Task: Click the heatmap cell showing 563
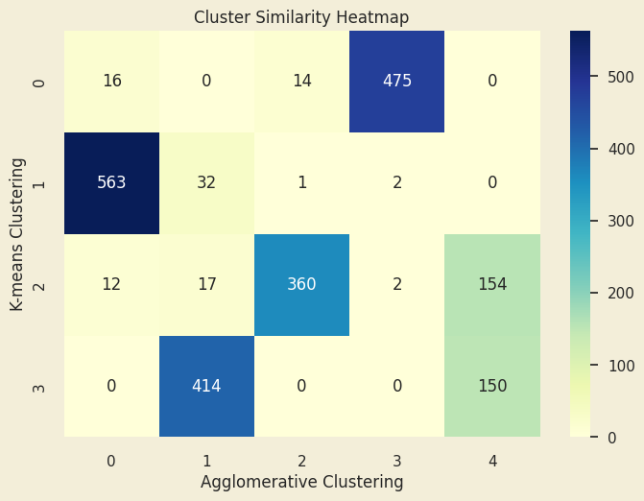pyautogui.click(x=111, y=183)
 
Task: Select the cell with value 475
pyautogui.click(x=396, y=82)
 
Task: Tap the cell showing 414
pyautogui.click(x=206, y=387)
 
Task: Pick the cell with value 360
pyautogui.click(x=301, y=285)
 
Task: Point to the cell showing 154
pyautogui.click(x=491, y=285)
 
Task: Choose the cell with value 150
pyautogui.click(x=491, y=387)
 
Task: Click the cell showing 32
pyautogui.click(x=206, y=183)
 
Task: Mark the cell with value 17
pyautogui.click(x=206, y=285)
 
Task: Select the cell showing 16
pyautogui.click(x=111, y=82)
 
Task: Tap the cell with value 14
pyautogui.click(x=301, y=82)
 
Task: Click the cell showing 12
pyautogui.click(x=111, y=285)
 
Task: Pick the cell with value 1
pyautogui.click(x=301, y=183)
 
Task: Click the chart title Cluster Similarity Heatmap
pyautogui.click(x=301, y=17)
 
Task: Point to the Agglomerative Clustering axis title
pyautogui.click(x=301, y=482)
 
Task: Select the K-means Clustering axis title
pyautogui.click(x=17, y=234)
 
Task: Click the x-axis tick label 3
pyautogui.click(x=396, y=461)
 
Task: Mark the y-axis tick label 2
pyautogui.click(x=39, y=285)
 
